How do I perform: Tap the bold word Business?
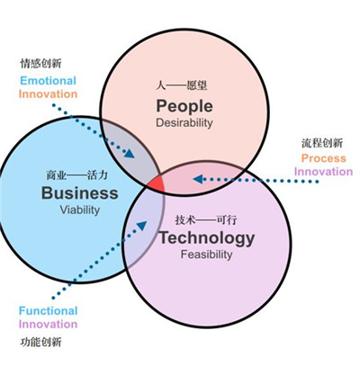(80, 193)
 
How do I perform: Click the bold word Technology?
(206, 238)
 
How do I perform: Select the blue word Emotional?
(49, 80)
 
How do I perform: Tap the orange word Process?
(323, 158)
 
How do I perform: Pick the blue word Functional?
(49, 311)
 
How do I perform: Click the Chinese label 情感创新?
(41, 64)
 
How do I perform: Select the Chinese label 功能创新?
(41, 343)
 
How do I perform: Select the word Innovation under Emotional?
(49, 94)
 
